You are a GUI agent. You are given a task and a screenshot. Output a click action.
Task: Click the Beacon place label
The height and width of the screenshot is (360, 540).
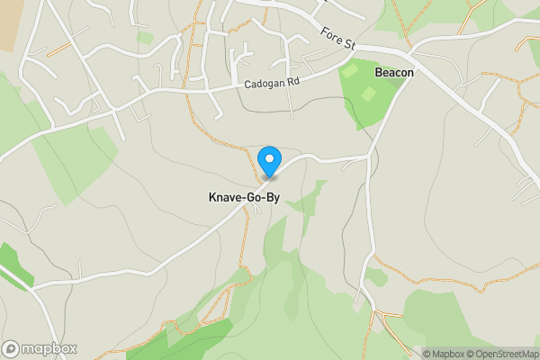pyautogui.click(x=394, y=73)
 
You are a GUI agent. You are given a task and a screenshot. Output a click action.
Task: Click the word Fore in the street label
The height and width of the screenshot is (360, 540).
pyautogui.click(x=330, y=35)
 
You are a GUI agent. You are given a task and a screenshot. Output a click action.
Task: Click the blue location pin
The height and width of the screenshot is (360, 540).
pyautogui.click(x=268, y=160)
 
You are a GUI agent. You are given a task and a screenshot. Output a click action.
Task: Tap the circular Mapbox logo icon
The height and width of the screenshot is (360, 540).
pyautogui.click(x=12, y=348)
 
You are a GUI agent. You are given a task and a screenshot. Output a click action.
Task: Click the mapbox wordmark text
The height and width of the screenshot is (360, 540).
pyautogui.click(x=49, y=348)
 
